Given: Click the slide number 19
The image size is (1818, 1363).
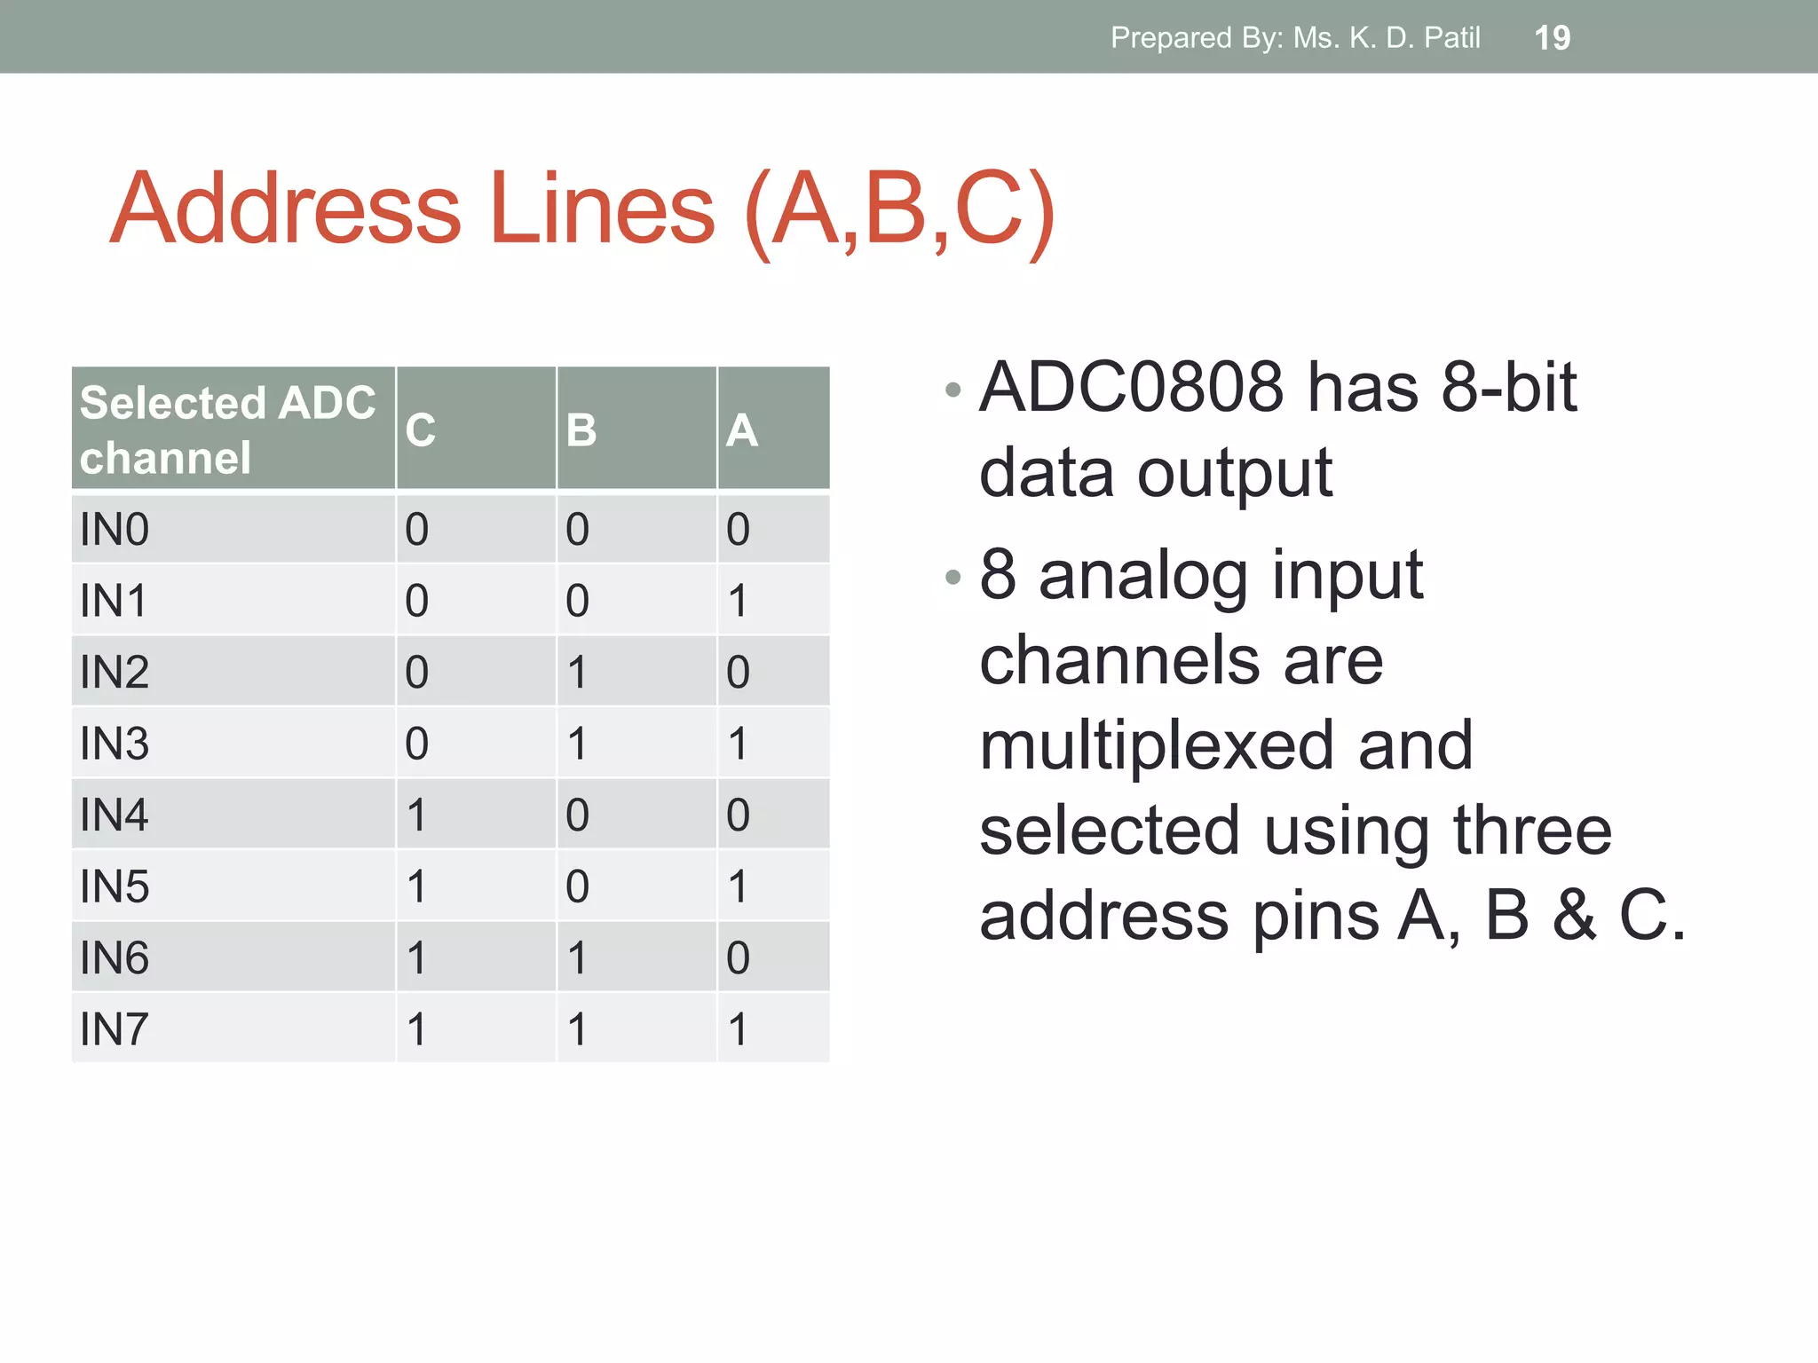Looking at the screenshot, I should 1552,38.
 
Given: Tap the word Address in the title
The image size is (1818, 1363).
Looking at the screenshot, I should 285,209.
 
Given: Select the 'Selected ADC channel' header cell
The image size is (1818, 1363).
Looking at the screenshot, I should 228,430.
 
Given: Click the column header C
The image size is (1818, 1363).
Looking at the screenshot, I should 421,430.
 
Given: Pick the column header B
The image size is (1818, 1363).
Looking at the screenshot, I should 581,430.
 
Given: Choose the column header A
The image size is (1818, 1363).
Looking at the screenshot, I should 742,430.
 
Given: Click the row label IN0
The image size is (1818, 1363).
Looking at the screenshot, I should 115,530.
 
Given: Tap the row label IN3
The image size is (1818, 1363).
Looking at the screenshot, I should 115,744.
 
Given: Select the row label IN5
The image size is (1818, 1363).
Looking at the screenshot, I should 115,886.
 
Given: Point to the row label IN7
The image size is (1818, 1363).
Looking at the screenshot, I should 115,1029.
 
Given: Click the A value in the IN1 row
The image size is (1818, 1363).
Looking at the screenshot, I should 739,601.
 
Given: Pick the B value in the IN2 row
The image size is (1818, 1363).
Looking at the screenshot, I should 578,673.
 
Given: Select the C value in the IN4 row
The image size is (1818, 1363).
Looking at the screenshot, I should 416,815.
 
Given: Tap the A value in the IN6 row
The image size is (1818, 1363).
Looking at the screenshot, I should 739,958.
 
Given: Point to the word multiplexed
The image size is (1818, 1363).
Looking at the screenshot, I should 1226,745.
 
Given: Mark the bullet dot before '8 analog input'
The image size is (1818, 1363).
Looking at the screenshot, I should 953,578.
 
